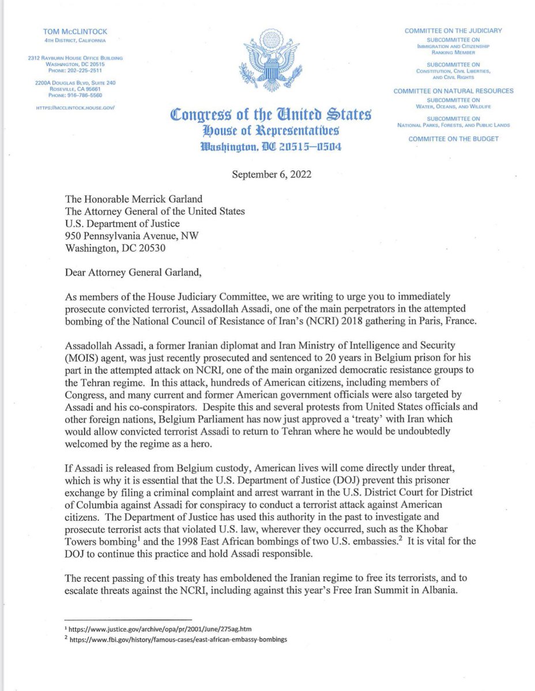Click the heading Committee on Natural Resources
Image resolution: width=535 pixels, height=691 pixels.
click(x=453, y=91)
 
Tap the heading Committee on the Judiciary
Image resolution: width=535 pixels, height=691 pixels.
click(x=453, y=31)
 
